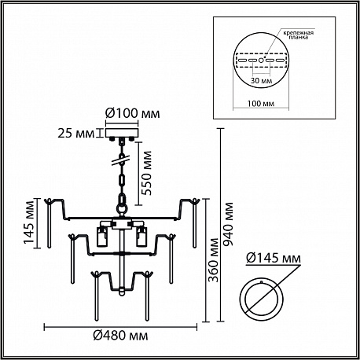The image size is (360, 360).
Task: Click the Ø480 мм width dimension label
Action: pyautogui.click(x=120, y=336)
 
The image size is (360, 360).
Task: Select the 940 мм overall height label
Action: pyautogui.click(x=228, y=224)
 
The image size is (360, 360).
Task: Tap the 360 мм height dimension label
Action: pyautogui.click(x=214, y=260)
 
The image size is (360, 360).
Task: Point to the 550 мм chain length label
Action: pyautogui.click(x=146, y=173)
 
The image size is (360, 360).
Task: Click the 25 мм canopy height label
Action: pyautogui.click(x=76, y=134)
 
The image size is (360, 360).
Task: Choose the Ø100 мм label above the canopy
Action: pyautogui.click(x=132, y=114)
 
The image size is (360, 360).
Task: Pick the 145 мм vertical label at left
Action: pyautogui.click(x=29, y=222)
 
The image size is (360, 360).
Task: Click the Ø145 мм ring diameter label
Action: pyautogui.click(x=274, y=259)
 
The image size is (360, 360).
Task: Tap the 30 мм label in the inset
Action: pyautogui.click(x=261, y=80)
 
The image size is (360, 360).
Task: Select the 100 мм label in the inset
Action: pyautogui.click(x=261, y=104)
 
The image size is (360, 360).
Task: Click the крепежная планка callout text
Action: pyautogui.click(x=298, y=35)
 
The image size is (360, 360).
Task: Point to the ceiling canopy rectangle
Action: pyautogui.click(x=122, y=133)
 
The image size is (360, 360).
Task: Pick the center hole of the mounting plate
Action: pyautogui.click(x=261, y=61)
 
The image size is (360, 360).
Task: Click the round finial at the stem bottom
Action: pyautogui.click(x=122, y=292)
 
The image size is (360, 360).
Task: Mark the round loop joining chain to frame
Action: pyautogui.click(x=122, y=209)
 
